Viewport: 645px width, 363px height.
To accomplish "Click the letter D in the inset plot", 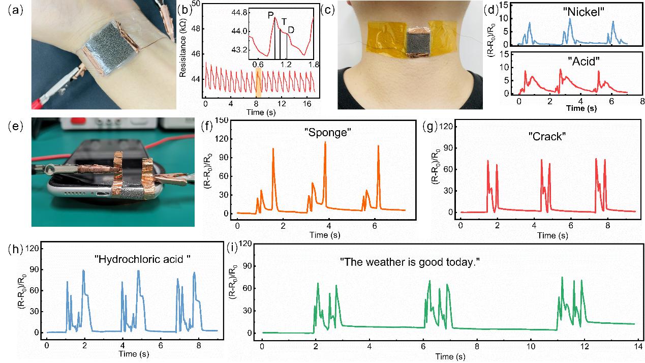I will click(x=291, y=30).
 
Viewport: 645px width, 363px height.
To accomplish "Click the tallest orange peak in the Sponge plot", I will click(x=325, y=143).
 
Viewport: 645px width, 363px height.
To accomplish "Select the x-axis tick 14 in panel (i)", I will click(x=637, y=347).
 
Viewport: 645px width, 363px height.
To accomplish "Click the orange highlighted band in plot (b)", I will click(x=258, y=83).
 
